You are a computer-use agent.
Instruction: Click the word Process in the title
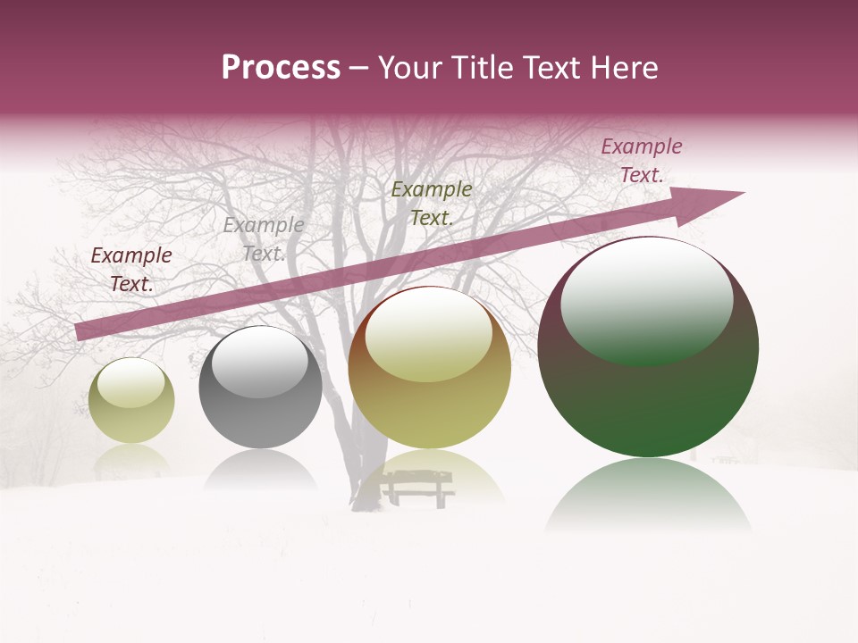[281, 69]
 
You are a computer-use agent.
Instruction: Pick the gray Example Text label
[263, 239]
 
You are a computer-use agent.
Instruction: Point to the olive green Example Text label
[432, 203]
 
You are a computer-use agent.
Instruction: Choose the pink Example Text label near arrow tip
[641, 161]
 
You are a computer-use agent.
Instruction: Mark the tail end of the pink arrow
[80, 331]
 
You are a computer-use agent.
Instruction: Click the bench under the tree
[416, 487]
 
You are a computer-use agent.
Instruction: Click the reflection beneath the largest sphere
[648, 496]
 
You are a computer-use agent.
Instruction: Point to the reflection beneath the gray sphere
[260, 470]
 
